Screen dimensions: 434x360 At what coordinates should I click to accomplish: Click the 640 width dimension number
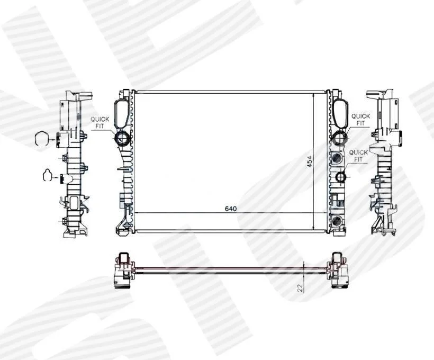pos(231,209)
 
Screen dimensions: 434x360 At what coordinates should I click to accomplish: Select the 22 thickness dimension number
pos(300,287)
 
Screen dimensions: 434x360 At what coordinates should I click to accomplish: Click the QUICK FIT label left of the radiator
pos(100,123)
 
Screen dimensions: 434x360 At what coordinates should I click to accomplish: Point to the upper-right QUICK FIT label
pos(360,120)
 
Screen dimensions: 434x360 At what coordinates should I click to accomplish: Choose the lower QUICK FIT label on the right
pos(358,156)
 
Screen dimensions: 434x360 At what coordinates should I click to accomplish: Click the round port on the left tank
pos(122,137)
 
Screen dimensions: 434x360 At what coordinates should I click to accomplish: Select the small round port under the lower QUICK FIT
pos(340,177)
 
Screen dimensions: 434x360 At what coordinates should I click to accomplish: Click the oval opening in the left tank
pos(121,113)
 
